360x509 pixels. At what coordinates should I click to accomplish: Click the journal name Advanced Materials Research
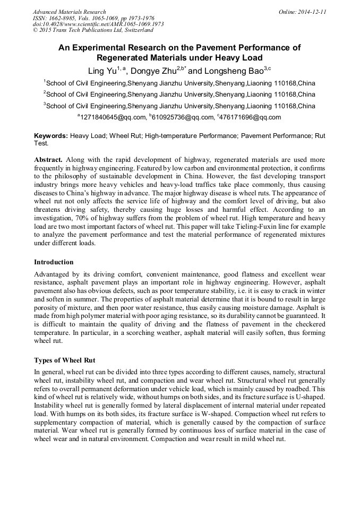pyautogui.click(x=69, y=12)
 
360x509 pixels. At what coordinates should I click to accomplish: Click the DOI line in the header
pyautogui.click(x=98, y=24)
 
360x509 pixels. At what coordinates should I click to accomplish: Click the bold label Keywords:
pyautogui.click(x=51, y=136)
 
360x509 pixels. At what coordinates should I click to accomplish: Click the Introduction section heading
pyautogui.click(x=54, y=262)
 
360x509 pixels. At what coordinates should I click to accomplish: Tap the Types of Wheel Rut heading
pyautogui.click(x=64, y=360)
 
